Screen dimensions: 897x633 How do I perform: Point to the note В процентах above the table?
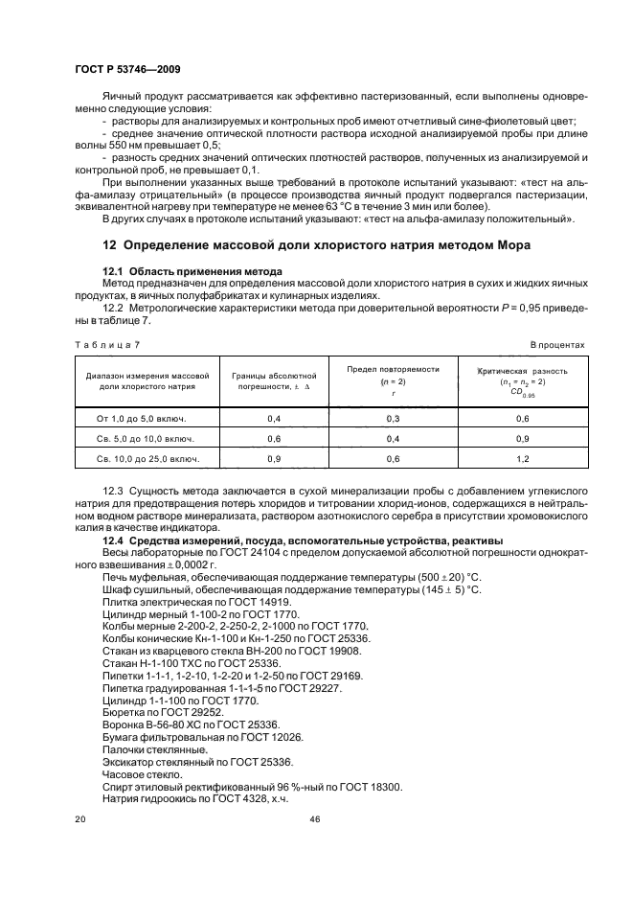coord(557,344)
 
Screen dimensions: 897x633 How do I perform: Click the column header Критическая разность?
coord(523,370)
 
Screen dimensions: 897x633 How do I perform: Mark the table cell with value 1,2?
coord(523,459)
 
